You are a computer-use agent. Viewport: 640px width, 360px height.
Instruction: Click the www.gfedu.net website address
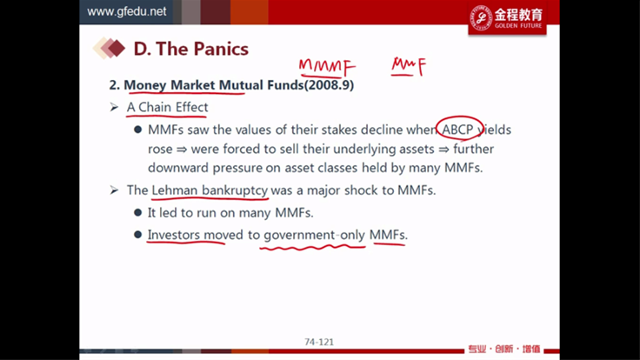click(x=127, y=11)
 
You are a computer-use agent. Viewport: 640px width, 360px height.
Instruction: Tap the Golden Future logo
click(x=507, y=18)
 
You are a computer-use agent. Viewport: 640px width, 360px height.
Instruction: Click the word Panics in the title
click(x=220, y=49)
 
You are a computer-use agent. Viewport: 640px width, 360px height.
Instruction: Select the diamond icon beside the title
click(x=109, y=48)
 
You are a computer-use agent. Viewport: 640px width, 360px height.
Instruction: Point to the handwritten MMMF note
click(x=327, y=67)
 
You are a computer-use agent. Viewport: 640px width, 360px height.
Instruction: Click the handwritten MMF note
click(x=409, y=67)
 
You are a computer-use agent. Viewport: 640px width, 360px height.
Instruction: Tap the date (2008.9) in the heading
click(x=329, y=85)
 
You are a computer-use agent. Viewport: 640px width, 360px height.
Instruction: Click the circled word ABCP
click(x=457, y=130)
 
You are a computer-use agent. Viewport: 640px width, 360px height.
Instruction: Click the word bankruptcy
click(x=235, y=190)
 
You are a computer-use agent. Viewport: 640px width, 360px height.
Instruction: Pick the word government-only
click(x=314, y=235)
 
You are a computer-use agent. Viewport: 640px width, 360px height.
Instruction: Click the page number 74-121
click(x=319, y=342)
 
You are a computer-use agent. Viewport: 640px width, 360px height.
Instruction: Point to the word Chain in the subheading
click(x=155, y=107)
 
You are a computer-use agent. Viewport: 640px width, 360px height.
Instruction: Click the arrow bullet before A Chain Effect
click(x=114, y=107)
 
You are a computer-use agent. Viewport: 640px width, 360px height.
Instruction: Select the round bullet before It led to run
click(x=138, y=213)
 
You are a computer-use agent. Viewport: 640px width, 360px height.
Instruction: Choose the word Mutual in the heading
click(x=241, y=85)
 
